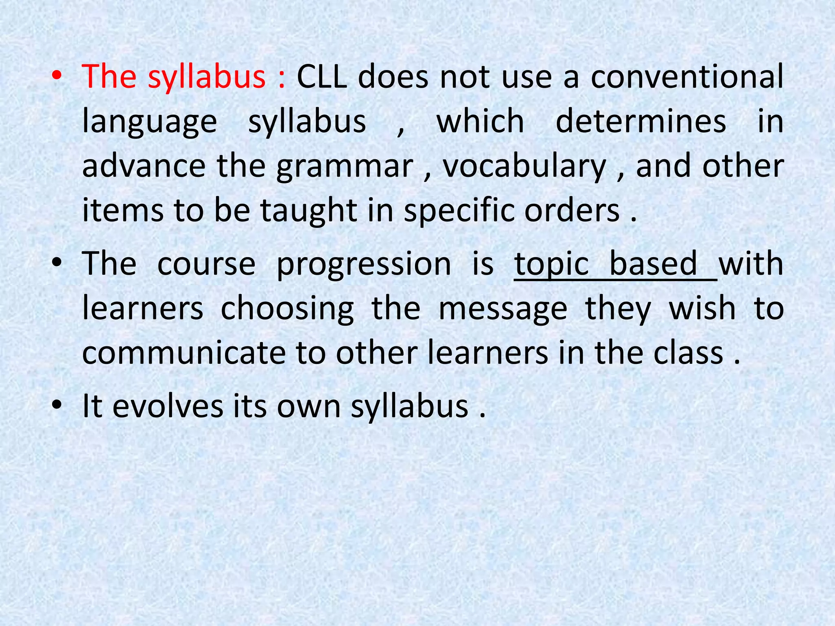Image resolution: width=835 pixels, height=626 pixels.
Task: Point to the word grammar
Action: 345,167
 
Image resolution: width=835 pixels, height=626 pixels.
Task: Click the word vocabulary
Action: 525,167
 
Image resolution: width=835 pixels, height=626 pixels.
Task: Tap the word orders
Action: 572,211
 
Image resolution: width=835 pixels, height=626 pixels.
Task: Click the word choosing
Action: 287,309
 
